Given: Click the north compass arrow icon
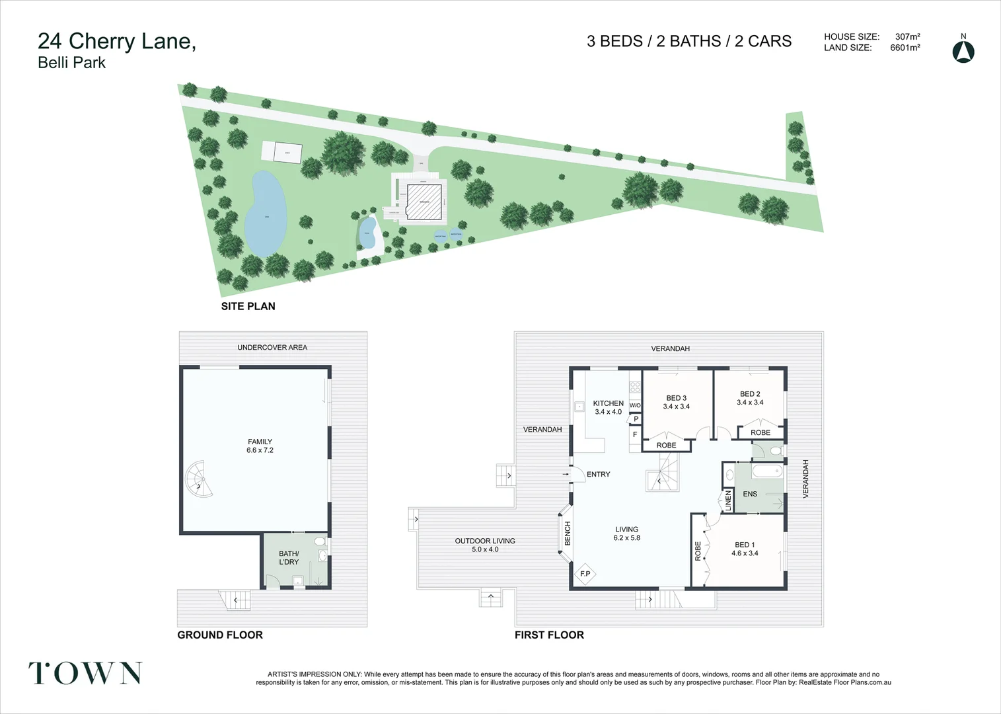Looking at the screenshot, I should [963, 52].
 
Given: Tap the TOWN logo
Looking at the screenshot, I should [85, 673].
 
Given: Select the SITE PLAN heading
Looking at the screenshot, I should [248, 306].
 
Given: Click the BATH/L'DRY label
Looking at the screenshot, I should [289, 558].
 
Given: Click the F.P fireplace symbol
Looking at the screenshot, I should [585, 574].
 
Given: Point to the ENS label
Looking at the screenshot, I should [750, 494].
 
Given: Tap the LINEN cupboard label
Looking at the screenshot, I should [728, 500].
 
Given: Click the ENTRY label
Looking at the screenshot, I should [598, 474].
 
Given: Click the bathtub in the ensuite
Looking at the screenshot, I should [767, 471].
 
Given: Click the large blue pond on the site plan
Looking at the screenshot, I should [266, 214].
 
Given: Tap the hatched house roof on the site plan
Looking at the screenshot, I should [424, 202].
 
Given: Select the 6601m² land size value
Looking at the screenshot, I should [905, 48].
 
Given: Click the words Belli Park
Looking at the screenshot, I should [71, 63].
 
